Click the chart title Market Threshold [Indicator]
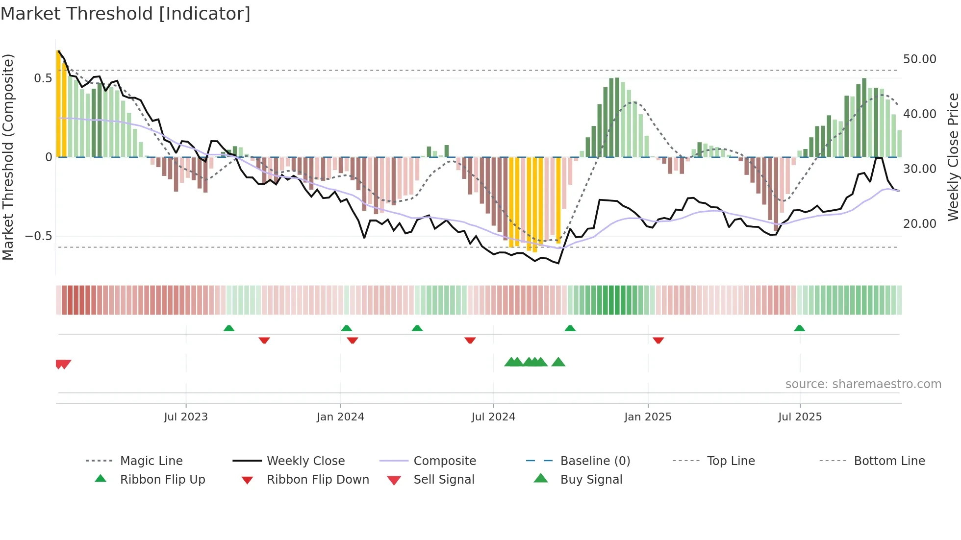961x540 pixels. [x=126, y=14]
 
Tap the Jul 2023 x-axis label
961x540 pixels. [x=186, y=417]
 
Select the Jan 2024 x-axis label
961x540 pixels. [x=340, y=417]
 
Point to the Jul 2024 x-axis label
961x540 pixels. [x=493, y=417]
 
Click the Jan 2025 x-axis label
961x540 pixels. [x=648, y=417]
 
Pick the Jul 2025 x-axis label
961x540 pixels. [x=800, y=417]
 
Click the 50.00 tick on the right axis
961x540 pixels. [x=919, y=59]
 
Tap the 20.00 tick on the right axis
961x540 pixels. [x=919, y=224]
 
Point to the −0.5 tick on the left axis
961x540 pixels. [x=39, y=236]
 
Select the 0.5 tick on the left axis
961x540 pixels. [x=43, y=78]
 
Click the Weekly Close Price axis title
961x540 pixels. [x=953, y=157]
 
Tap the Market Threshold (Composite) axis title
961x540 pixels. [x=8, y=157]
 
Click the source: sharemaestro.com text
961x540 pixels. [x=863, y=384]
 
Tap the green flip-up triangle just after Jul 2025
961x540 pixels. [x=799, y=328]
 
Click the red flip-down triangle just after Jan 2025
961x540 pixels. [x=658, y=340]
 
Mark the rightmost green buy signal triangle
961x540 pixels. [x=558, y=362]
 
